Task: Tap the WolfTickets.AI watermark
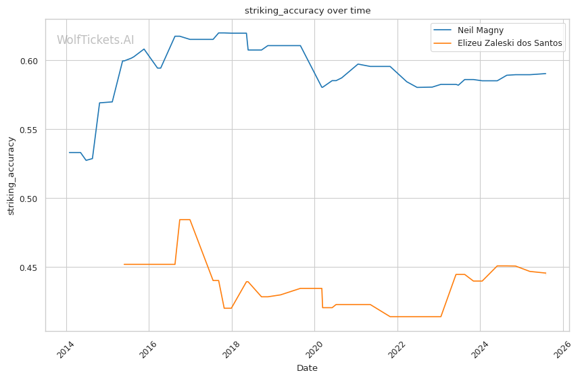point(95,40)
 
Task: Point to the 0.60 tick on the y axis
point(32,61)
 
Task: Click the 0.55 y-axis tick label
point(32,130)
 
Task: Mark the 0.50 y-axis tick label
point(32,199)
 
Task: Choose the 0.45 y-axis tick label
point(32,268)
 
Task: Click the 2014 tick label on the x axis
point(66,349)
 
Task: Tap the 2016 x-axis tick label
point(149,349)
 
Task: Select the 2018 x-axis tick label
point(232,349)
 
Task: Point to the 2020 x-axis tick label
point(314,349)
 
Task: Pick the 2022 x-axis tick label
point(397,349)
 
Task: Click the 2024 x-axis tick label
point(480,349)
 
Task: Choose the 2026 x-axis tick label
point(562,349)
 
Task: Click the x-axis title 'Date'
point(307,368)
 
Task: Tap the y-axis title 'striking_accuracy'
point(11,176)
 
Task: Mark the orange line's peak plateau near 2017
point(185,220)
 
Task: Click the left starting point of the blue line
point(70,153)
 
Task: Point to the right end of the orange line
point(546,273)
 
